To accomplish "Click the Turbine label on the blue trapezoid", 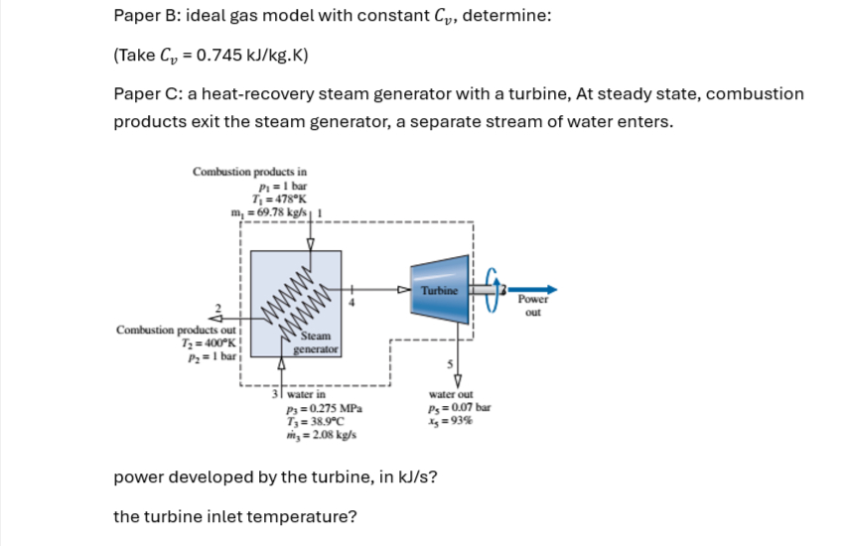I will coord(439,290).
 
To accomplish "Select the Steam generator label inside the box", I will coord(318,343).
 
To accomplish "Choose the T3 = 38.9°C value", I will coord(317,420).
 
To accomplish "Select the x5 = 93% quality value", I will coord(452,420).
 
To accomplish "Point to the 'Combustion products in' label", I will coord(249,171).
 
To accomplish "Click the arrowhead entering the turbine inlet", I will coord(402,291).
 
